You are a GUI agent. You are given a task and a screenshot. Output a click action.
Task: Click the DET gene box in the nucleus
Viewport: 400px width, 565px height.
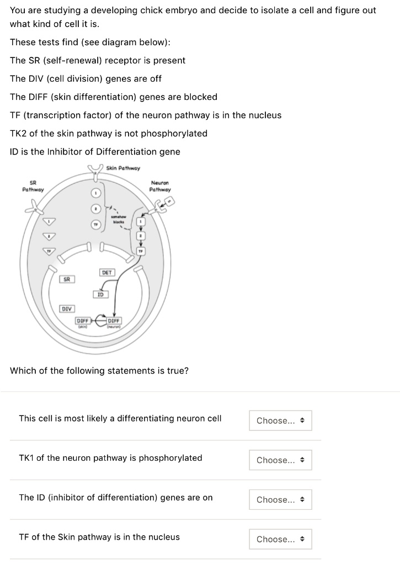coord(107,272)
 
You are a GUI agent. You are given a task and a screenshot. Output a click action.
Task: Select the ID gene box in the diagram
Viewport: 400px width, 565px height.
coord(100,294)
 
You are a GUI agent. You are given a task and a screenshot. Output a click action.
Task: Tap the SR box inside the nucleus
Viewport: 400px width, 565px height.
coord(67,280)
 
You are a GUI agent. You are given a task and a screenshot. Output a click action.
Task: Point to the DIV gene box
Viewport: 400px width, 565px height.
coord(67,308)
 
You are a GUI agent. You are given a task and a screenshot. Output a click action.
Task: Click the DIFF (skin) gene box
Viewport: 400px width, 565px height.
coord(83,322)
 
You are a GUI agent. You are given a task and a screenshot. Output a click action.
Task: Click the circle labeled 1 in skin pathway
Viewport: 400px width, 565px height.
coord(95,193)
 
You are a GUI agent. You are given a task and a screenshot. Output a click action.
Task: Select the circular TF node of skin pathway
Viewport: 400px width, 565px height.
coord(95,225)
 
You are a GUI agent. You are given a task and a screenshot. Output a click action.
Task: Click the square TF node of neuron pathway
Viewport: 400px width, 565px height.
coord(142,251)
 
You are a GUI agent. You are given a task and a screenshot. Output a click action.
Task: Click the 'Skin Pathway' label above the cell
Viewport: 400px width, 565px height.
coord(123,168)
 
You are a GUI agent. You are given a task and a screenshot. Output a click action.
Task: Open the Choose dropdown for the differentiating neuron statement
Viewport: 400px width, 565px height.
coord(280,420)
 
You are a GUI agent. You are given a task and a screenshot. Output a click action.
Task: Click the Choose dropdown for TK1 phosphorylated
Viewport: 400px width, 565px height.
coord(280,460)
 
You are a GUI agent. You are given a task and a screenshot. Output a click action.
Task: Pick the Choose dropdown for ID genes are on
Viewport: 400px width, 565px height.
coord(280,500)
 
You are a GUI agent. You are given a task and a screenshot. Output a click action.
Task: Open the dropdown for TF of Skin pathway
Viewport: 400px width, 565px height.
coord(280,539)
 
